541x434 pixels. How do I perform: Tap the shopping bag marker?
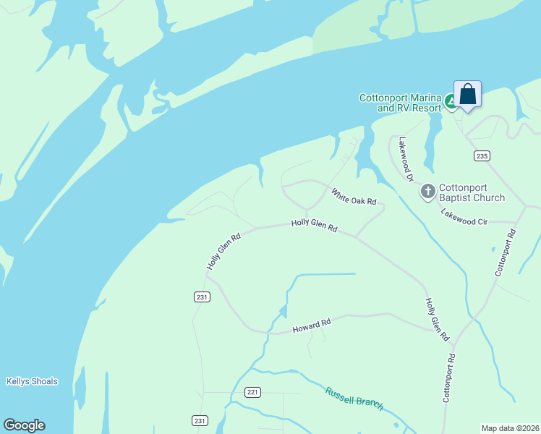pyautogui.click(x=467, y=95)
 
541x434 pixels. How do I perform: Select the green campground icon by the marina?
pyautogui.click(x=451, y=102)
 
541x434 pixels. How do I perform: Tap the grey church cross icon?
pyautogui.click(x=427, y=191)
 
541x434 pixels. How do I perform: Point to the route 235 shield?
pyautogui.click(x=482, y=156)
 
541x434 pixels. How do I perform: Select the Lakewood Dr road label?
pyautogui.click(x=406, y=158)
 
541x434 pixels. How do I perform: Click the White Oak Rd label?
pyautogui.click(x=354, y=197)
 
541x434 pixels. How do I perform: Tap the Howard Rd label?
pyautogui.click(x=311, y=327)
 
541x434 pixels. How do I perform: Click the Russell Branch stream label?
pyautogui.click(x=354, y=399)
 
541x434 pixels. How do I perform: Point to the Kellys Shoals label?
pyautogui.click(x=32, y=381)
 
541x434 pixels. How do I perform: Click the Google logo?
pyautogui.click(x=24, y=425)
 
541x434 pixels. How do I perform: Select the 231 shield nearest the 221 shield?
pyautogui.click(x=200, y=420)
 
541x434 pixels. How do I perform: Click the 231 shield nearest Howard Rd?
pyautogui.click(x=202, y=297)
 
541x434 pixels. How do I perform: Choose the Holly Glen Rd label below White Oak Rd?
pyautogui.click(x=314, y=226)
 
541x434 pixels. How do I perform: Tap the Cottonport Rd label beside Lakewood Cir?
pyautogui.click(x=506, y=252)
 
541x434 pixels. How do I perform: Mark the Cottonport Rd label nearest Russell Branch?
pyautogui.click(x=449, y=378)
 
